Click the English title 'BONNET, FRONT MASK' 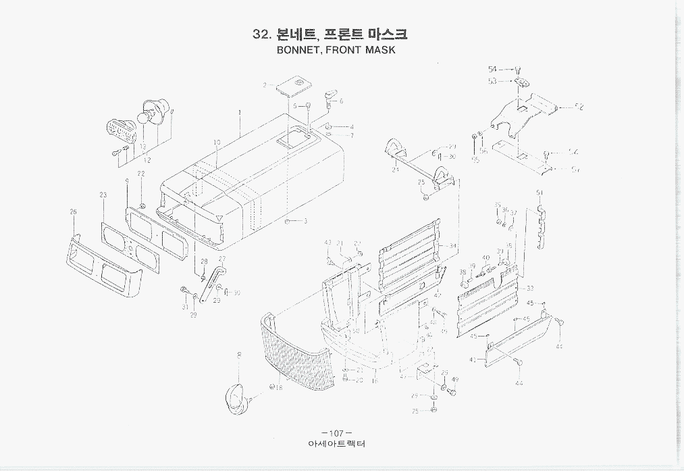tap(336, 50)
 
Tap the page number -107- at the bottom tap(336, 432)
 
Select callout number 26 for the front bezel tap(73, 212)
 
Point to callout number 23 tap(103, 195)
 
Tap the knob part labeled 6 tap(330, 95)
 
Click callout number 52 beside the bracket tap(579, 107)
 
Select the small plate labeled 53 tap(519, 82)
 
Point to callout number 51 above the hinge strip tap(540, 193)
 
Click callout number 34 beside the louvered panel tap(452, 246)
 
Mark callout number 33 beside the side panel tap(530, 288)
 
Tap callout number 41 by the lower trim tap(473, 360)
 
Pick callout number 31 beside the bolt tap(184, 307)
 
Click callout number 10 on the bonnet tap(217, 143)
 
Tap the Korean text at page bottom tap(336, 445)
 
